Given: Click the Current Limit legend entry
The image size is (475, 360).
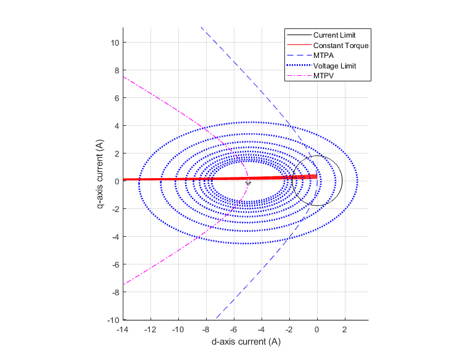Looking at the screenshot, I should click(x=334, y=35).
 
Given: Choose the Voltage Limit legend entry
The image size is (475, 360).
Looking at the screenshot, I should click(x=334, y=66).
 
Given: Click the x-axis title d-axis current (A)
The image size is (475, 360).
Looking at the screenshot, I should click(x=246, y=342).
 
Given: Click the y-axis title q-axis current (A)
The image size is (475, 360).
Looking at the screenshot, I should click(x=100, y=174).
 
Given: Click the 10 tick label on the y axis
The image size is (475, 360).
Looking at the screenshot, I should click(x=115, y=43).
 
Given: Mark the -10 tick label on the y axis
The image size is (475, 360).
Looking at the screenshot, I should click(x=113, y=320).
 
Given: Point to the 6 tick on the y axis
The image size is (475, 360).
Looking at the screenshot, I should click(x=117, y=98).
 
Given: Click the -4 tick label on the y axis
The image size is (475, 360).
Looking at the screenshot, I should click(x=115, y=237).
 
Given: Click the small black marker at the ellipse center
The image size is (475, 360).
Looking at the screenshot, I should click(x=248, y=183).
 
